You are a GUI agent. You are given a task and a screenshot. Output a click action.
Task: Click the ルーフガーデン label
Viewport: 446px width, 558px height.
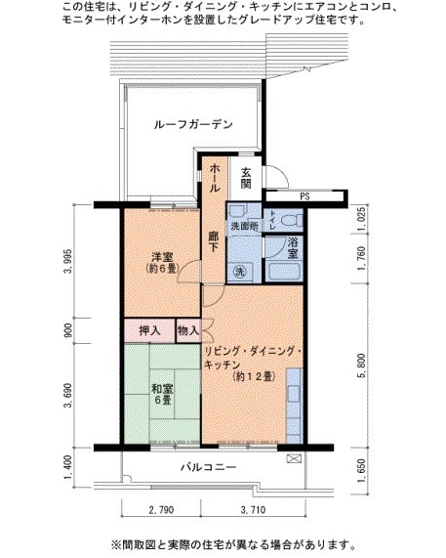[x=194, y=124]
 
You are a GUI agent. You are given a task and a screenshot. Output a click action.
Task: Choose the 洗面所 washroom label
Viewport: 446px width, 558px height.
[x=243, y=227]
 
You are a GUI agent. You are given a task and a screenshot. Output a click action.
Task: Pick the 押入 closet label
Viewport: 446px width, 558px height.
[x=147, y=332]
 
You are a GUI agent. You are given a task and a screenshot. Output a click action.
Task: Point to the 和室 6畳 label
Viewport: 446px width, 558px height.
[x=161, y=394]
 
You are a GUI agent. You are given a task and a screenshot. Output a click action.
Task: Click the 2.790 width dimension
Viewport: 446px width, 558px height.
[x=161, y=510]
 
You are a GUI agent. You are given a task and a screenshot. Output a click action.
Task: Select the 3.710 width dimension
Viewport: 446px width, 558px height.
[x=250, y=510]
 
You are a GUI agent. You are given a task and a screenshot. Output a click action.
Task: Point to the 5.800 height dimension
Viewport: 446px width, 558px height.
[x=363, y=366]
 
